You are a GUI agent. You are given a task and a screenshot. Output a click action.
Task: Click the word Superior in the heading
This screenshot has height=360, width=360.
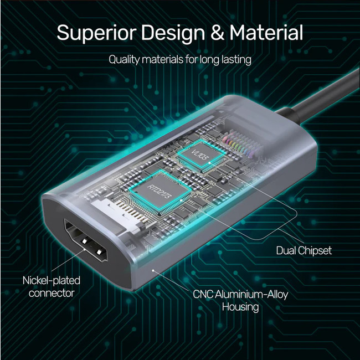point(96,33)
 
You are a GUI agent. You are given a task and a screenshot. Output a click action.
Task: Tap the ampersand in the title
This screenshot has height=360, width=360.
point(217,32)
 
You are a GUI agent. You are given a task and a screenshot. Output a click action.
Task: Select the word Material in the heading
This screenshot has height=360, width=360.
point(266,32)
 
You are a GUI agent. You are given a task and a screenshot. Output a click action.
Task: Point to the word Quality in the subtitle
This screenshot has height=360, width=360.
point(124,60)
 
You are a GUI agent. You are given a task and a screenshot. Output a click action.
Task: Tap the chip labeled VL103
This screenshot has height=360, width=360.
point(201,153)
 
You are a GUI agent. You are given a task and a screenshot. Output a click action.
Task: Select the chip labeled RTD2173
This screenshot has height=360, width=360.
point(160,191)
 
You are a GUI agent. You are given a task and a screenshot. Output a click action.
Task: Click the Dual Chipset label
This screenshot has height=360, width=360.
point(304,250)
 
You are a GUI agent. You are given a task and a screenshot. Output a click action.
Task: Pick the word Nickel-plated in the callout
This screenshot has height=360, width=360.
point(52,281)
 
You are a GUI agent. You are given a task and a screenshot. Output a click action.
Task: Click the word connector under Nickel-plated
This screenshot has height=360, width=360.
point(52,293)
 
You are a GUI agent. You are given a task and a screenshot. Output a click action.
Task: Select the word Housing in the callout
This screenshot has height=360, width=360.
point(240,307)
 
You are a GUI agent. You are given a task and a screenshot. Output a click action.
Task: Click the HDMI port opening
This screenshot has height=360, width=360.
point(85,240)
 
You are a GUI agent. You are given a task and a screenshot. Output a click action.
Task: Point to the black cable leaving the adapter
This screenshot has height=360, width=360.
point(321,97)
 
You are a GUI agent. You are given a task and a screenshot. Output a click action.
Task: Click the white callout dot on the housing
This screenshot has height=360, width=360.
point(153,270)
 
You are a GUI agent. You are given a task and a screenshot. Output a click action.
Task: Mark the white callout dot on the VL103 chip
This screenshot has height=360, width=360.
point(209,162)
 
